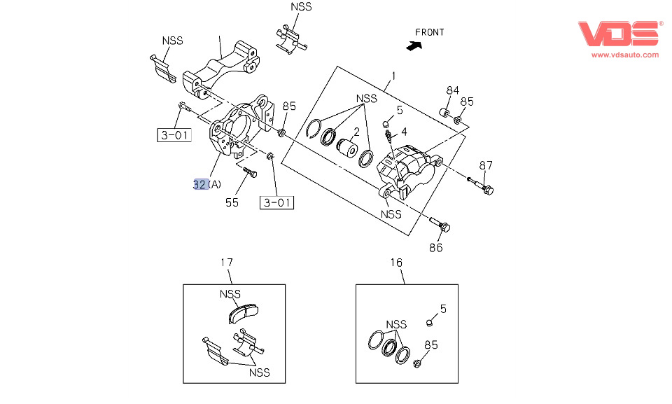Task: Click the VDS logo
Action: tap(619, 34)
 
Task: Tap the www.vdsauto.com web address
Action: tap(625, 55)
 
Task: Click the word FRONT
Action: tap(429, 32)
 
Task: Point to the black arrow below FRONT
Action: tap(414, 46)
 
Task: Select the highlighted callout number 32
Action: tap(200, 184)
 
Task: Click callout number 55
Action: tap(232, 202)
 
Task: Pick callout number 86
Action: tap(435, 247)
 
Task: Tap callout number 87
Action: tap(486, 165)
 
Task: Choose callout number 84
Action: tap(453, 90)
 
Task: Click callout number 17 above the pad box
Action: tap(226, 263)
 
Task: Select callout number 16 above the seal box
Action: tap(396, 263)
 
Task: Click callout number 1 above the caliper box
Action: tap(393, 76)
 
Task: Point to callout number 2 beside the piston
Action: tap(356, 132)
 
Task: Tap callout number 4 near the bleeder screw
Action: tap(404, 131)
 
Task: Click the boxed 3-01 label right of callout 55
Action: tap(277, 203)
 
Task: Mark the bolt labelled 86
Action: tap(441, 225)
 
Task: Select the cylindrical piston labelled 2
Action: tap(346, 149)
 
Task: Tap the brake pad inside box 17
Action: tap(244, 312)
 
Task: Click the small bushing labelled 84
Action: tap(444, 112)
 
